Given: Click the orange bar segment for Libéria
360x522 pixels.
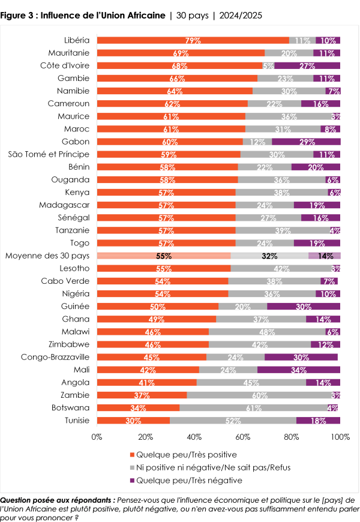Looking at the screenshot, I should point(192,40).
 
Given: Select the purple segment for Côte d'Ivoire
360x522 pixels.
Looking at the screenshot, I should point(307,65).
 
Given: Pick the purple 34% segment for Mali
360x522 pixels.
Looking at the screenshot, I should point(299,370).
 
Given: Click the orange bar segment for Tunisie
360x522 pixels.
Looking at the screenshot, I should point(133,420).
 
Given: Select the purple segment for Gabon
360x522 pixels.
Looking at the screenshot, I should point(305,142).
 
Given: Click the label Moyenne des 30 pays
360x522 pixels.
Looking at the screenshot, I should point(47,256).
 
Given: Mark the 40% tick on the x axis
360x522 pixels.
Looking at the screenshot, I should point(194,437).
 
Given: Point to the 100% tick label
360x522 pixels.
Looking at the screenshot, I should point(340,437).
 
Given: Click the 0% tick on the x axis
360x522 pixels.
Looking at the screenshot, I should point(97,437).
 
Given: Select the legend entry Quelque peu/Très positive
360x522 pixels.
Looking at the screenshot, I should point(186,454).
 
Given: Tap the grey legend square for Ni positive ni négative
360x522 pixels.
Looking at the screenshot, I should point(132,467).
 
